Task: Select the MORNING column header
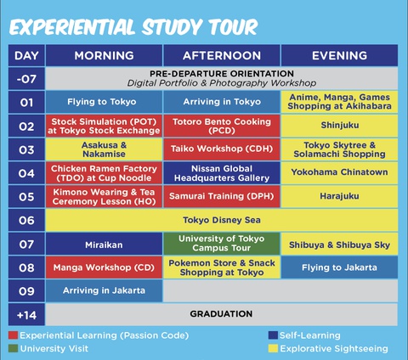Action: click(x=104, y=56)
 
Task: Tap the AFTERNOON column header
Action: click(x=221, y=56)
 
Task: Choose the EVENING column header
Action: click(x=339, y=56)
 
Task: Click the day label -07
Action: click(x=26, y=79)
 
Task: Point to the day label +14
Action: click(x=26, y=313)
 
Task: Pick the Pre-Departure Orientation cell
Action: click(x=221, y=79)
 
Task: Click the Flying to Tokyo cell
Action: click(x=104, y=102)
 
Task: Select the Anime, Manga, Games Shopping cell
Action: click(x=339, y=102)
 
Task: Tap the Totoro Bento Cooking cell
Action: click(x=221, y=126)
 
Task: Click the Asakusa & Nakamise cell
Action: click(x=104, y=149)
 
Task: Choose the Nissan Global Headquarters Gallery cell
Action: click(x=221, y=172)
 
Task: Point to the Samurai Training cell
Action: click(x=221, y=196)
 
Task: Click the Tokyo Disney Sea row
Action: click(x=221, y=220)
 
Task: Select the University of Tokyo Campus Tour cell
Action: click(x=221, y=244)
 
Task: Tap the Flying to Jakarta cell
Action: click(x=339, y=267)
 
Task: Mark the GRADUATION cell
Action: click(x=221, y=313)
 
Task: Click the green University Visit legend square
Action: click(x=13, y=348)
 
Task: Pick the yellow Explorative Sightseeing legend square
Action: click(x=273, y=348)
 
